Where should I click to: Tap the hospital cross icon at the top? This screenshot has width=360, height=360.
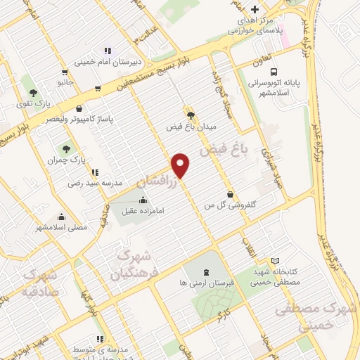pos(256,9)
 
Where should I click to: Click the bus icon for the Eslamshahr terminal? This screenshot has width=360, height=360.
pos(274,72)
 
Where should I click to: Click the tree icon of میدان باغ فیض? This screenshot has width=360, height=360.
pos(190,115)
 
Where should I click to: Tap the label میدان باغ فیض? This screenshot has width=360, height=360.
pos(190,127)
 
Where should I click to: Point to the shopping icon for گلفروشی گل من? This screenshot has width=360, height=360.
pos(229,194)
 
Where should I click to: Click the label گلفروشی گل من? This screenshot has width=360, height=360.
pos(229,206)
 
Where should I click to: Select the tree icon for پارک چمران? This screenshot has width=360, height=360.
pos(66,148)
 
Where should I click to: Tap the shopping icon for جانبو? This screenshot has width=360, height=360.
pos(65,72)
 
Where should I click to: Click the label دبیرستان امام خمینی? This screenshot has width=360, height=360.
pos(108,61)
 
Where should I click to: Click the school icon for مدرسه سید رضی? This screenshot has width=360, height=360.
pos(95,172)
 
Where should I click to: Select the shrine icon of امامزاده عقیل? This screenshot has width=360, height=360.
pos(143,200)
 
